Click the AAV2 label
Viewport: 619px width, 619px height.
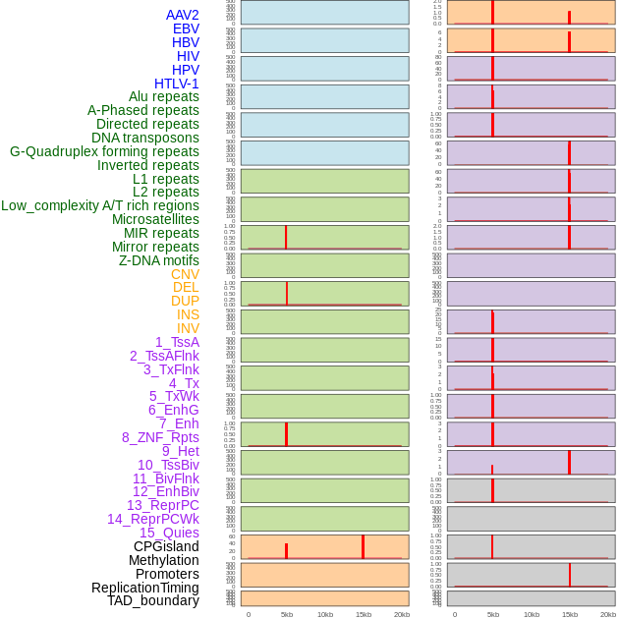point(182,15)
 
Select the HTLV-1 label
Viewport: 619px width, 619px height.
point(176,84)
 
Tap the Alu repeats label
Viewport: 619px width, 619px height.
point(163,96)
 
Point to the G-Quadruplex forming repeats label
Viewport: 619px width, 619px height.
point(104,151)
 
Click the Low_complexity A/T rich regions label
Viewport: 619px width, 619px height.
point(100,205)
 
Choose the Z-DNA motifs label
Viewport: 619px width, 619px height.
point(158,260)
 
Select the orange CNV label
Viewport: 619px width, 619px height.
point(185,274)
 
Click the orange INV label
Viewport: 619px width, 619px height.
point(188,328)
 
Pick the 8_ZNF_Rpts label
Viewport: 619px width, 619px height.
point(160,437)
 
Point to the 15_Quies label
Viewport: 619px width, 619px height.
point(169,533)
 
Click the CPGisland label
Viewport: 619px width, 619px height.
point(166,546)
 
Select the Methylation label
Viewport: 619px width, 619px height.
point(163,560)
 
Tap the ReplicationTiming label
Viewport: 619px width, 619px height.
point(144,588)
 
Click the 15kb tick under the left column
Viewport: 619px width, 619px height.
point(363,614)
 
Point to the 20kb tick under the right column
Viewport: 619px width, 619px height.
point(607,614)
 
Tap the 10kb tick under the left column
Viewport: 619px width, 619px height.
point(324,614)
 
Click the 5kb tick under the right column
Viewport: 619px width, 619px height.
point(492,614)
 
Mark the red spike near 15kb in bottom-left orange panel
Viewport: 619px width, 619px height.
point(363,547)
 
